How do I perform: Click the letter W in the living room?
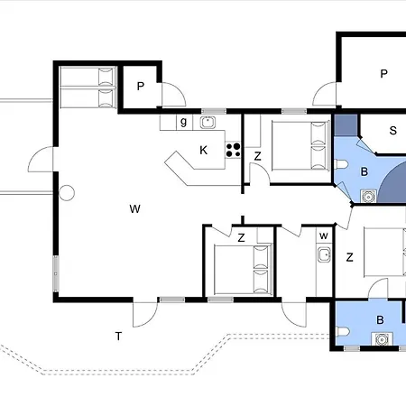click(134, 208)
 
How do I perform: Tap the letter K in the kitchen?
click(204, 152)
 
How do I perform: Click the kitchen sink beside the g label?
click(208, 122)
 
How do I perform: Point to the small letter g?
click(183, 122)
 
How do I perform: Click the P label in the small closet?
click(141, 87)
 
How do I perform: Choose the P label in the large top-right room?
click(383, 74)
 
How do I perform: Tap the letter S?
click(393, 130)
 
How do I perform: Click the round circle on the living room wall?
click(67, 191)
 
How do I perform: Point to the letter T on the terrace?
click(117, 337)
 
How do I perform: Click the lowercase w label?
click(322, 236)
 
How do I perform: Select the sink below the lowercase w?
click(322, 255)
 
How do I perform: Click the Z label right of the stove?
click(257, 157)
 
